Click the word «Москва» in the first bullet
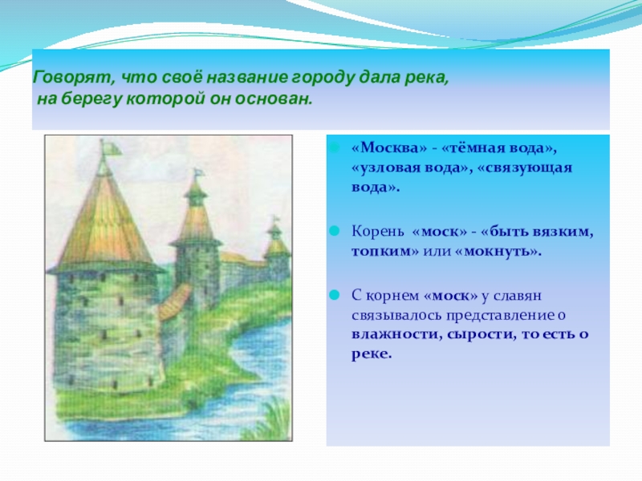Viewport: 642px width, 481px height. coord(389,148)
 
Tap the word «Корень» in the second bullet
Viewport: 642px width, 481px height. coord(377,232)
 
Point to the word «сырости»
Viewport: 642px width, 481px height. coord(481,334)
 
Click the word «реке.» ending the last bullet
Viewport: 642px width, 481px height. coord(372,354)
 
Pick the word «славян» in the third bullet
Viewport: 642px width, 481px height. coord(517,295)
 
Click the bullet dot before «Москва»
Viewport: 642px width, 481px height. coord(335,148)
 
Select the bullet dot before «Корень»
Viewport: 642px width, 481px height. coord(335,231)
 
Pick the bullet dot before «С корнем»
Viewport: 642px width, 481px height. coord(335,295)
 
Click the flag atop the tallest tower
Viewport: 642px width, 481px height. coord(110,148)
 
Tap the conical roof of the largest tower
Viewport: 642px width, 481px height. coord(105,225)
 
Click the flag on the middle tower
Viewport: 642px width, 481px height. coord(199,173)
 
